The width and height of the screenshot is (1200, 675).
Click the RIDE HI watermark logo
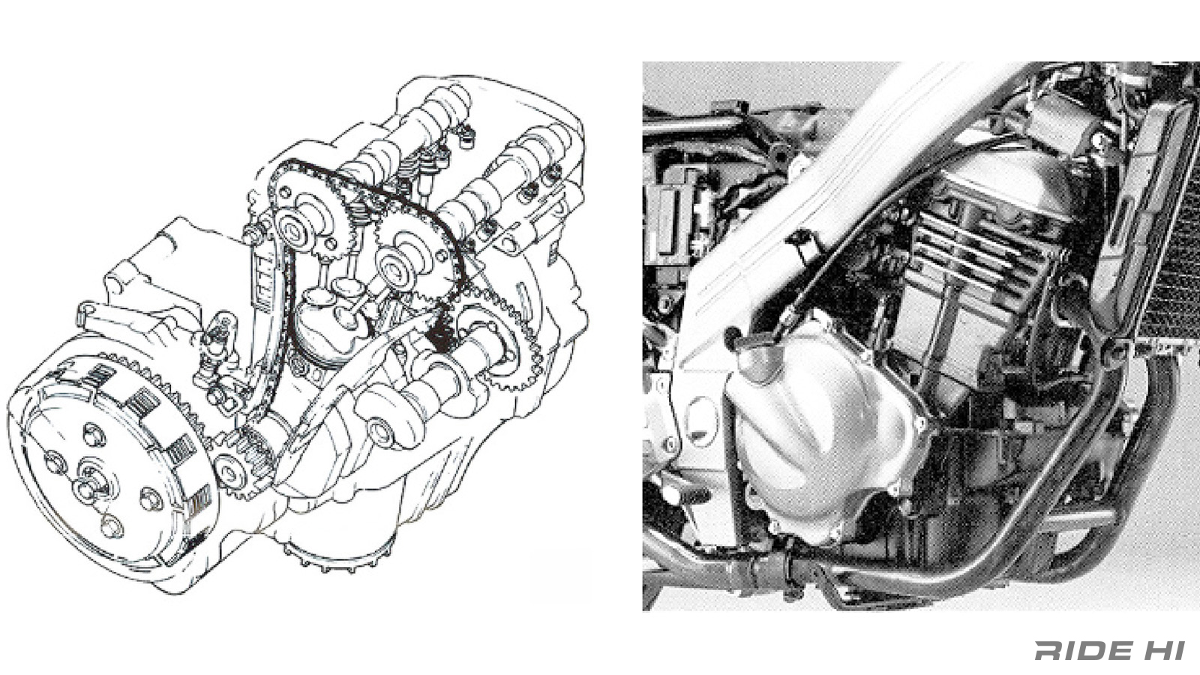[x=1109, y=650]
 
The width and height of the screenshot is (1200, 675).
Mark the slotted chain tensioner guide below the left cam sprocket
[x=262, y=277]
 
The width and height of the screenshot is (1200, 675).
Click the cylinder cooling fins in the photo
[x=975, y=240]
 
